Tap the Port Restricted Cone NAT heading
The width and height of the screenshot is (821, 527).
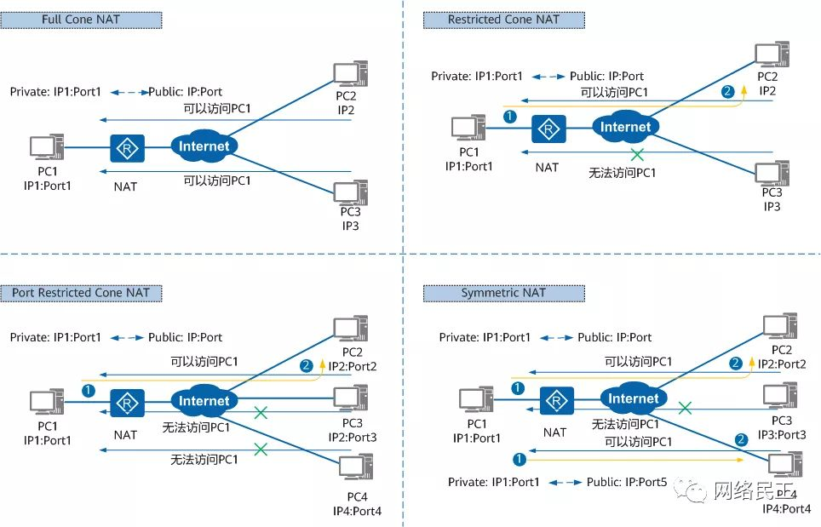[81, 293]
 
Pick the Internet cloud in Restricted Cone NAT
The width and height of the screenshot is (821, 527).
[625, 128]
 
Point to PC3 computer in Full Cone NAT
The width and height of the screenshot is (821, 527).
[350, 192]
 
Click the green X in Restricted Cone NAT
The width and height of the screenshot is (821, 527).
[636, 153]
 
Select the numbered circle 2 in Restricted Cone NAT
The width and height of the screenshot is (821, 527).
[726, 91]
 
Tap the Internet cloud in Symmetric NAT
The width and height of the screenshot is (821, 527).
[633, 398]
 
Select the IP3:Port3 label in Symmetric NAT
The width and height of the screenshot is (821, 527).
[782, 434]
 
